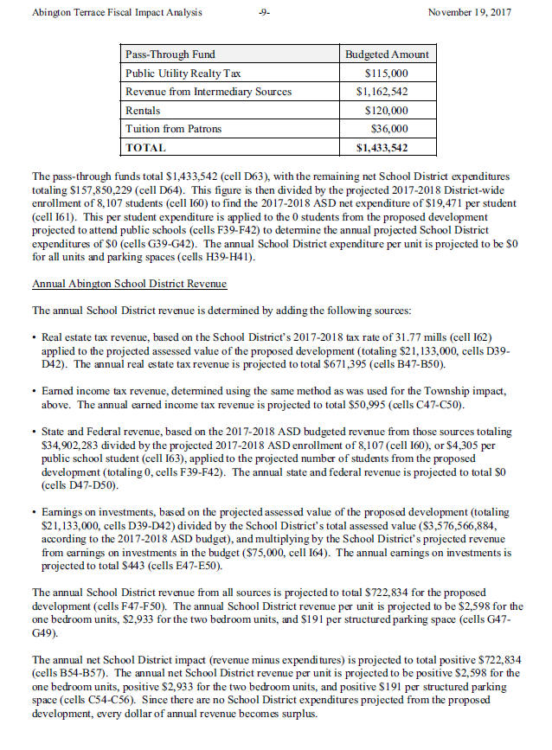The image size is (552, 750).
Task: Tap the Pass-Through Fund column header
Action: [x=170, y=54]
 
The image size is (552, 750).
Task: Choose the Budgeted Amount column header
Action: [x=387, y=54]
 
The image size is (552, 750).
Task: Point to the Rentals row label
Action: [x=144, y=111]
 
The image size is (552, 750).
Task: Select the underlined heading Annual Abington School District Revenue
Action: [x=130, y=284]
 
